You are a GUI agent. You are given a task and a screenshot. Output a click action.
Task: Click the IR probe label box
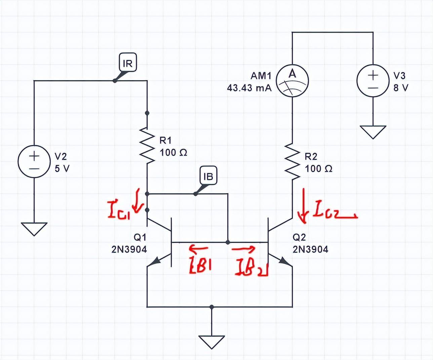click(x=128, y=62)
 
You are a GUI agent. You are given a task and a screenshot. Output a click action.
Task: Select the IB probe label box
click(x=208, y=176)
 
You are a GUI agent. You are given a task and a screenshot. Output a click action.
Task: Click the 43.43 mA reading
click(x=249, y=88)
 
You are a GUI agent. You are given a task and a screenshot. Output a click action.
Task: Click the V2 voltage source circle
click(x=34, y=161)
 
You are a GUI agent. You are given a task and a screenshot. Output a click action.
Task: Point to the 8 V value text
click(x=401, y=88)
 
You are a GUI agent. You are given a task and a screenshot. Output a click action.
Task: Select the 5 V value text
click(x=62, y=169)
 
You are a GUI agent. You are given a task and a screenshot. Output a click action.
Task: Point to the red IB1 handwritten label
click(x=200, y=264)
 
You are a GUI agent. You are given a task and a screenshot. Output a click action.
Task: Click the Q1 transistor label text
click(x=140, y=237)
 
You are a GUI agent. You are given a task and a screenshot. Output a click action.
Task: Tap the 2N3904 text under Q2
click(x=310, y=249)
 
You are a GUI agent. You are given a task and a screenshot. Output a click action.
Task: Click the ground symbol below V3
click(x=372, y=132)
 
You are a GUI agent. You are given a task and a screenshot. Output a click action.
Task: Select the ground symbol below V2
click(x=34, y=229)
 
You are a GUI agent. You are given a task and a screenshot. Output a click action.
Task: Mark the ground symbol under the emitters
click(x=211, y=342)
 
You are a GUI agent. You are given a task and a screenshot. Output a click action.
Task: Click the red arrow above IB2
click(x=243, y=249)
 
